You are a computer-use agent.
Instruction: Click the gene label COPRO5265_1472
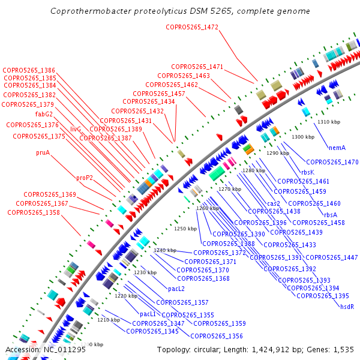coord(192,26)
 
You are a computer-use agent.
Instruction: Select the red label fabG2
coord(44,114)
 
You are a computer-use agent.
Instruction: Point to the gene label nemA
coord(337,147)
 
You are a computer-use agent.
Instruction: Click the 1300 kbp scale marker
coord(302,137)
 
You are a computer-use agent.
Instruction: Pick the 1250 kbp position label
coord(185,229)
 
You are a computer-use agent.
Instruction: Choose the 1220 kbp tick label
coord(126,296)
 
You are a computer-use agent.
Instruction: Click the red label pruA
coord(43,152)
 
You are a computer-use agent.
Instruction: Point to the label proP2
coord(85,178)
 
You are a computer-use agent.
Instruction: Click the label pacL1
coord(148,314)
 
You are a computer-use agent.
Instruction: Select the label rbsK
coord(308,172)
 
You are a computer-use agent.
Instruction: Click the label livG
coord(75,129)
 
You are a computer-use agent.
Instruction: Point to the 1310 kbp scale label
coord(329,122)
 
